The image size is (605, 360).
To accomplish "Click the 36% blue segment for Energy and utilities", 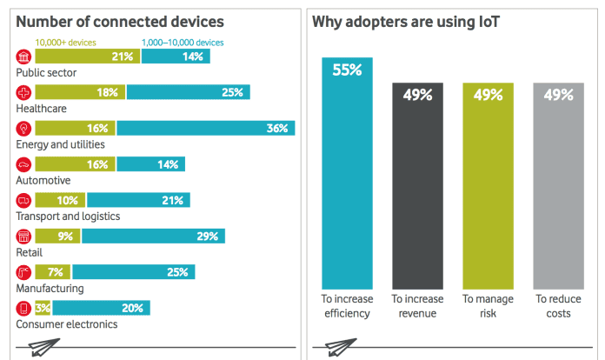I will pos(206,128).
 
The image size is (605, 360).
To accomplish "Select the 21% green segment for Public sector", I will pos(86,57).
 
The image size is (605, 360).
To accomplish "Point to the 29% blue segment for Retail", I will pos(153,236).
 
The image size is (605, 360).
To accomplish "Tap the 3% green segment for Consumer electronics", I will pos(42,308).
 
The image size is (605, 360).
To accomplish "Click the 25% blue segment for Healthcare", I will pos(189,92).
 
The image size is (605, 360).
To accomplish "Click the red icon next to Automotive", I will pos(23,163).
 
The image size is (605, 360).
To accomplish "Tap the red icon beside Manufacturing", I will pos(23,271).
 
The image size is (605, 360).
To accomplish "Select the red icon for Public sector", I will pos(23,57).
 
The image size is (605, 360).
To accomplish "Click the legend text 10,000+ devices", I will pos(66,42).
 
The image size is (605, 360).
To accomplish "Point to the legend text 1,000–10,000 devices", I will pos(183,42).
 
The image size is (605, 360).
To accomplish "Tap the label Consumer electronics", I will pos(67,324).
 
